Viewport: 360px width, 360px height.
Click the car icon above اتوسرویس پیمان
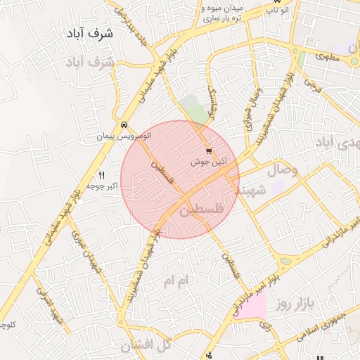click(124, 124)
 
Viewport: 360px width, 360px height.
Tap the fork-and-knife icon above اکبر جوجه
click(101, 175)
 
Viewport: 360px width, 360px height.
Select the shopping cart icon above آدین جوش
click(208, 151)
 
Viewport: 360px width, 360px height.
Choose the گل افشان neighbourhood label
click(146, 345)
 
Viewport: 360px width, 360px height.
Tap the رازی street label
click(266, 325)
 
